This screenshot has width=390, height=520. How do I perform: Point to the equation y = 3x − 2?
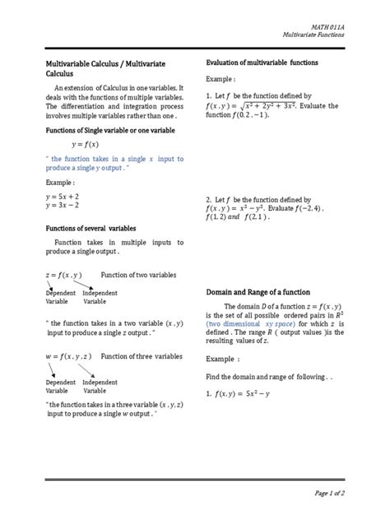click(x=62, y=207)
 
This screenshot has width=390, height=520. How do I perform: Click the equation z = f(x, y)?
click(x=64, y=273)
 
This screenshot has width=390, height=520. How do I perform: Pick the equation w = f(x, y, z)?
click(x=68, y=356)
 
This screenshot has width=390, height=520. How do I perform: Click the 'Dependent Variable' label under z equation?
click(x=60, y=297)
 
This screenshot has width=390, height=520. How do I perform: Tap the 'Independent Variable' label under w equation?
click(x=100, y=387)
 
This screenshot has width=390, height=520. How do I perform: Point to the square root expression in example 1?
click(x=285, y=104)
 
